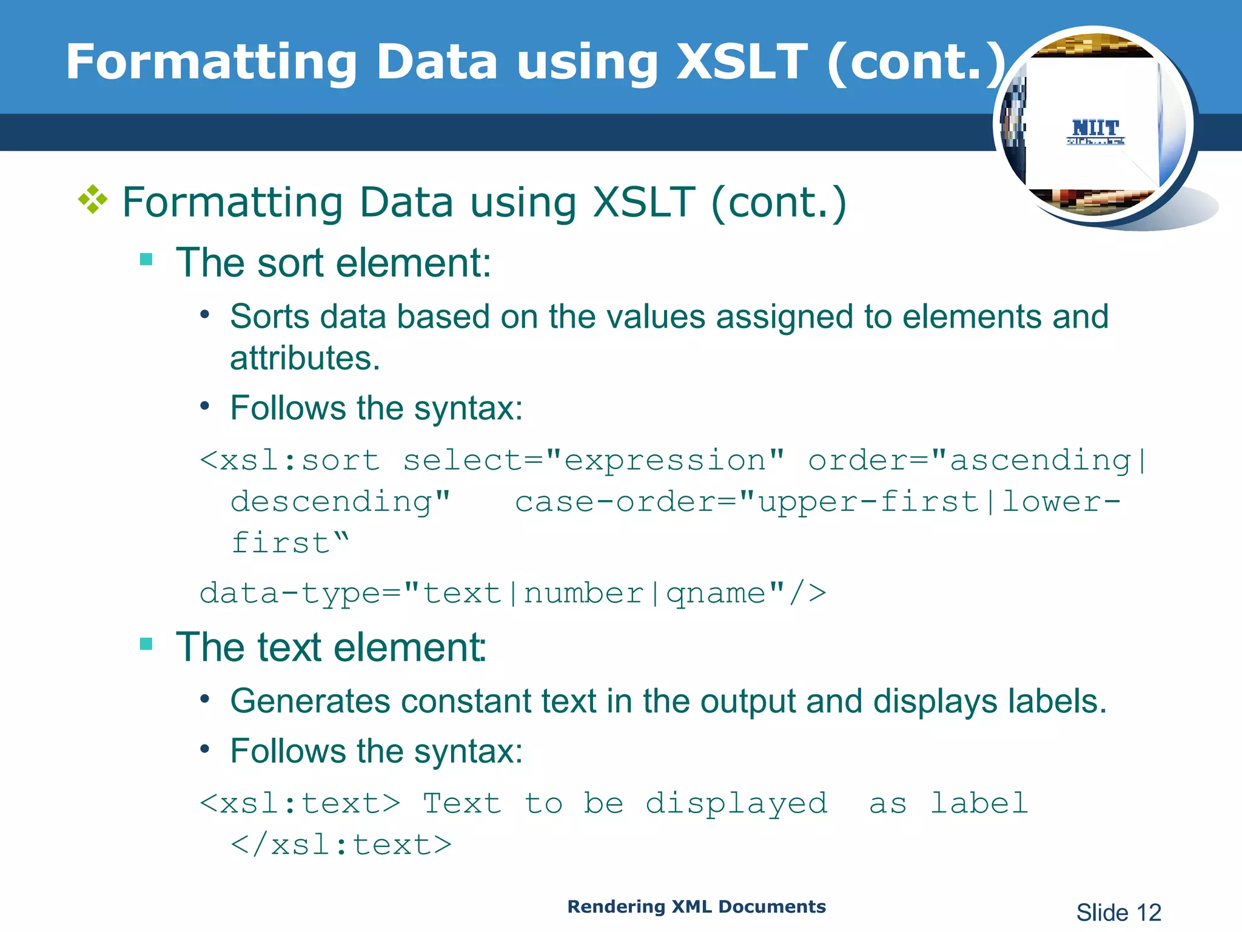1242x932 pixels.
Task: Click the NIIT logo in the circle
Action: click(x=1095, y=131)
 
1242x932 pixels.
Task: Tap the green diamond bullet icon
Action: click(x=93, y=200)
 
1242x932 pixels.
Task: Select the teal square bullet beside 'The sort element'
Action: click(x=146, y=260)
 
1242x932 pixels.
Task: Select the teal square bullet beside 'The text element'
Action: click(x=146, y=644)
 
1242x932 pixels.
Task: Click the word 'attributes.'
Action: click(x=305, y=358)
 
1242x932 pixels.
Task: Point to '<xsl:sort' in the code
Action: click(x=290, y=460)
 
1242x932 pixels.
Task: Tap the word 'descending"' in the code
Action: click(x=340, y=502)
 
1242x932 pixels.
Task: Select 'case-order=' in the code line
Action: click(x=625, y=502)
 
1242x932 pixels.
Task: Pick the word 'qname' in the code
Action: click(x=716, y=593)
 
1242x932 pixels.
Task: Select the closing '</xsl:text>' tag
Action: click(x=341, y=845)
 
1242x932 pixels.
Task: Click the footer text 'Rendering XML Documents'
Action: click(x=696, y=907)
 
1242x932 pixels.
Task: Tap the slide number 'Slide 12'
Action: click(x=1118, y=913)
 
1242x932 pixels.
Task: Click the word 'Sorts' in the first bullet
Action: click(x=269, y=317)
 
